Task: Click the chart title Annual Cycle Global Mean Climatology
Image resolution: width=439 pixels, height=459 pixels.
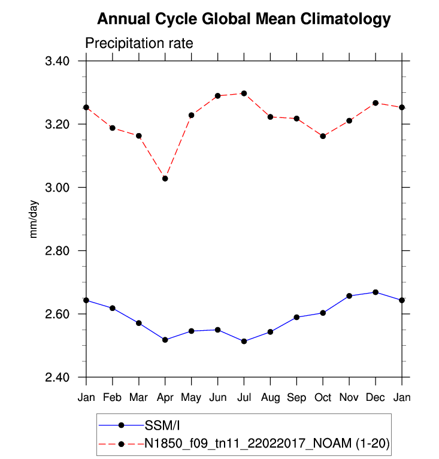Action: click(244, 19)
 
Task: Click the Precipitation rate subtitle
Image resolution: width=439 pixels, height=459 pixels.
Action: click(138, 44)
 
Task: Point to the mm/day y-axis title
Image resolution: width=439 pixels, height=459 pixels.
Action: click(34, 219)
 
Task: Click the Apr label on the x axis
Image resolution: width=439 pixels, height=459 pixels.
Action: click(165, 398)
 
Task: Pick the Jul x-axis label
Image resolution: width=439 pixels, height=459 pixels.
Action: click(244, 398)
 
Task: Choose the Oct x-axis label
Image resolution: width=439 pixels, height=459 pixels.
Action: click(323, 398)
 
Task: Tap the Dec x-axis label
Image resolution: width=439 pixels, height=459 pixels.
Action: click(376, 398)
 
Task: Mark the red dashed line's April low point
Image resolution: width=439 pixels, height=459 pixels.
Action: click(165, 179)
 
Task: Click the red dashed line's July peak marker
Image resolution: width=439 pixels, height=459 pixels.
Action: click(244, 93)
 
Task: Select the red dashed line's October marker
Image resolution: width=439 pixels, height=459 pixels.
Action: click(323, 136)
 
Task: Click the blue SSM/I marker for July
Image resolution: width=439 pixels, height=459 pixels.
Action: click(244, 342)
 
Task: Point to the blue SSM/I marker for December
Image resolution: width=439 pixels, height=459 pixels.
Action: click(376, 292)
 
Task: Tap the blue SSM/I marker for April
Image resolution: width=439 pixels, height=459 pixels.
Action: click(165, 340)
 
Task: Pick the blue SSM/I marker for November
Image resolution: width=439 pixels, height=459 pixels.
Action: click(349, 296)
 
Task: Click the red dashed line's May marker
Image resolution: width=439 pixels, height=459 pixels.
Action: click(191, 115)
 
